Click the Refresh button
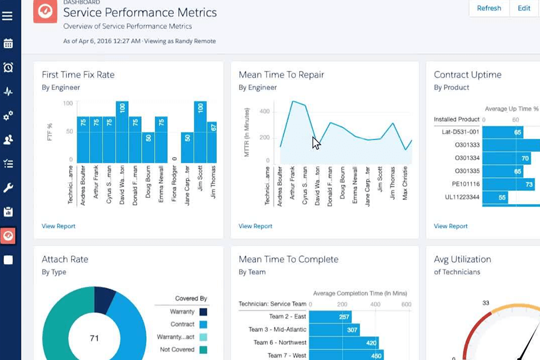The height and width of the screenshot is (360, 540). click(x=489, y=8)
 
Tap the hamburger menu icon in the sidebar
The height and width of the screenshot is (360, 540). click(x=7, y=16)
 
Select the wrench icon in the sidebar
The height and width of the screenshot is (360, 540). click(x=8, y=188)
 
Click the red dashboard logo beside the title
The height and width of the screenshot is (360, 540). click(x=45, y=11)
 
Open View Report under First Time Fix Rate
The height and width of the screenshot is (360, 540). click(x=58, y=226)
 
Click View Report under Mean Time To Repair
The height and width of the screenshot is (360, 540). click(x=255, y=226)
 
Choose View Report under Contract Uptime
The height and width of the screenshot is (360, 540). click(x=451, y=226)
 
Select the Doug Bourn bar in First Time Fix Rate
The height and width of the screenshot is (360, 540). click(x=148, y=147)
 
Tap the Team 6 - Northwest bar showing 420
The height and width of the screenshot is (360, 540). click(x=344, y=343)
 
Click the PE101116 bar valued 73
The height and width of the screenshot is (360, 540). click(x=509, y=184)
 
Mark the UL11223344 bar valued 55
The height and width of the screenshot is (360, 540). click(x=495, y=197)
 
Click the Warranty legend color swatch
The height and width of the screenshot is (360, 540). click(x=203, y=312)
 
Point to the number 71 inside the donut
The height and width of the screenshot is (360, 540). click(x=95, y=338)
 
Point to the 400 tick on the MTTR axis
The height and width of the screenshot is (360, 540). click(x=265, y=111)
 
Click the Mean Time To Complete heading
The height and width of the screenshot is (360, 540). click(x=289, y=259)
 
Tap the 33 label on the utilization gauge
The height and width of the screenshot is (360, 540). click(x=485, y=303)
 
